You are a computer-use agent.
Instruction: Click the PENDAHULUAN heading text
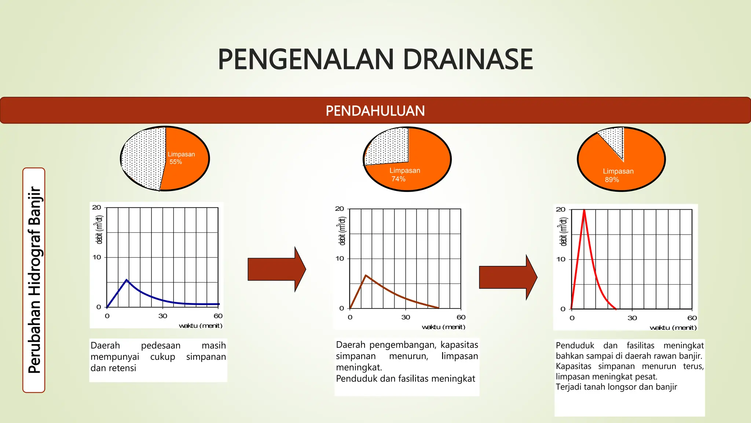[375, 111]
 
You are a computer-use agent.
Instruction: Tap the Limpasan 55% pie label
[181, 158]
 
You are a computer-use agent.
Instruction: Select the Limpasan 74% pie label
[404, 174]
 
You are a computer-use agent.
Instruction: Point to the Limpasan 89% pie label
[618, 175]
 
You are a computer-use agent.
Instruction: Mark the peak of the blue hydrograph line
[127, 280]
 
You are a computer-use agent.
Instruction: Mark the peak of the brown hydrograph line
[366, 275]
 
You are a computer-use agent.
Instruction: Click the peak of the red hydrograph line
[584, 210]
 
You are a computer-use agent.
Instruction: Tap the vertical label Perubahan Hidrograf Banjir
[34, 280]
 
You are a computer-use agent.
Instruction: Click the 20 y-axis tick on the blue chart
[96, 207]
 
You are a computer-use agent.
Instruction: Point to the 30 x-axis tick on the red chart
[632, 318]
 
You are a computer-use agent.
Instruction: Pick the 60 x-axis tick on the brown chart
[461, 317]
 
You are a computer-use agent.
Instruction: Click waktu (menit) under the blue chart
[200, 326]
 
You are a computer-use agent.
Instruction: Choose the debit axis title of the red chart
[563, 232]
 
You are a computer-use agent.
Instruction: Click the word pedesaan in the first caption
[161, 346]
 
